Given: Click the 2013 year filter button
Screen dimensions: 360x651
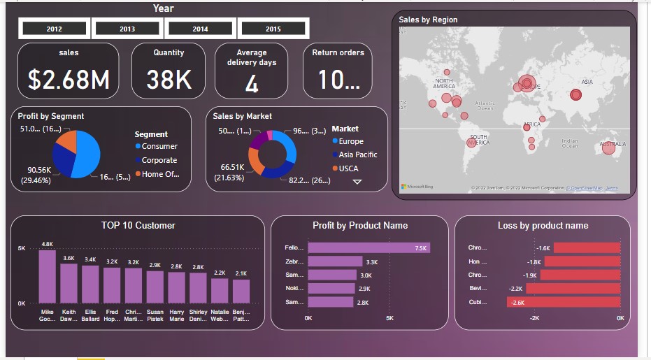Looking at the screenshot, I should pos(127,29).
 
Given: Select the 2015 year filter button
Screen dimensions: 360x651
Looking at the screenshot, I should pos(273,29).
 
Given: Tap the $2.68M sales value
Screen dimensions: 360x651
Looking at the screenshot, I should pos(69,80).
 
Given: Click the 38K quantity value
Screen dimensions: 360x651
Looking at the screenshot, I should pos(169,80).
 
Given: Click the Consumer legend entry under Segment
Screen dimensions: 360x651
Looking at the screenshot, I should pos(159,146).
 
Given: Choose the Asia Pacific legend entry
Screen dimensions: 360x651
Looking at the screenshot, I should pos(357,154).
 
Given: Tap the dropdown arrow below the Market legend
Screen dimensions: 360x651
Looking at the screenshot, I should pos(357,181).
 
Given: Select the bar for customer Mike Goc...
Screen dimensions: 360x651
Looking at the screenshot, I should pos(47,275).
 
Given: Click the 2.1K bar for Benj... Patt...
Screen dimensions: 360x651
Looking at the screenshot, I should pos(241,291).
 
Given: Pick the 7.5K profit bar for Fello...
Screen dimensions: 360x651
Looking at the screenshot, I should pos(369,247).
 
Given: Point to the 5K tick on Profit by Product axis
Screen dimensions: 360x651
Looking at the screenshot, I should pos(389,318).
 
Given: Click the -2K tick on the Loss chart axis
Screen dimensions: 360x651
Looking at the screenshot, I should pos(534,318).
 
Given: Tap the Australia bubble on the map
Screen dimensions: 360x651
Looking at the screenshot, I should pos(608,147).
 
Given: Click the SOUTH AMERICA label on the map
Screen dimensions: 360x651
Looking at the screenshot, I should pos(478,140).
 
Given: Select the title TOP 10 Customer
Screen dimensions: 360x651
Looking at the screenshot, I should pos(138,225).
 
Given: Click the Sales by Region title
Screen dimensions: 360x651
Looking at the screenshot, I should pos(428,20).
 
